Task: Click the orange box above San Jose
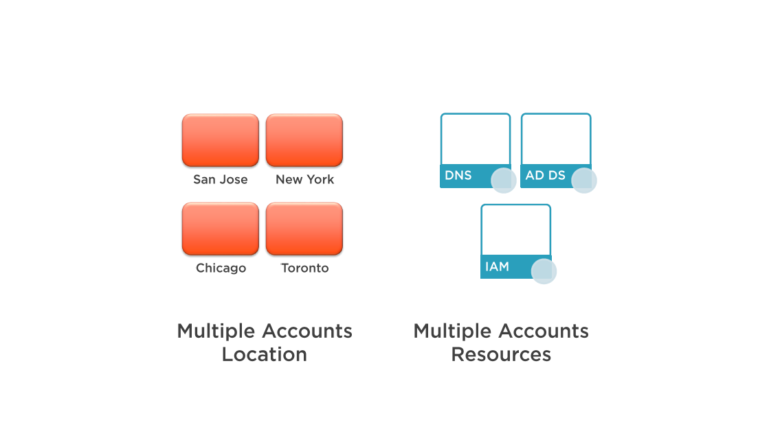click(221, 140)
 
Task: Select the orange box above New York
click(304, 140)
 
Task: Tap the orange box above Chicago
click(221, 229)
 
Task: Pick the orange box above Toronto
click(304, 229)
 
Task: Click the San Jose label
click(221, 179)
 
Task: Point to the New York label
click(305, 179)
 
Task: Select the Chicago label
click(221, 268)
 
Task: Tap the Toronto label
click(305, 268)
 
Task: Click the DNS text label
click(458, 176)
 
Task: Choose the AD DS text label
click(545, 176)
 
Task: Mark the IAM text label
click(497, 266)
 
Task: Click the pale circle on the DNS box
click(504, 181)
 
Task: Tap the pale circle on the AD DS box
click(584, 181)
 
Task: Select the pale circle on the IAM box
click(544, 271)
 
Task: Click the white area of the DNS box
click(476, 139)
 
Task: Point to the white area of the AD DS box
click(556, 139)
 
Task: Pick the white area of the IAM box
click(516, 231)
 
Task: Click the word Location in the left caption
click(264, 354)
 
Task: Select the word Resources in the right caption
click(501, 354)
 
